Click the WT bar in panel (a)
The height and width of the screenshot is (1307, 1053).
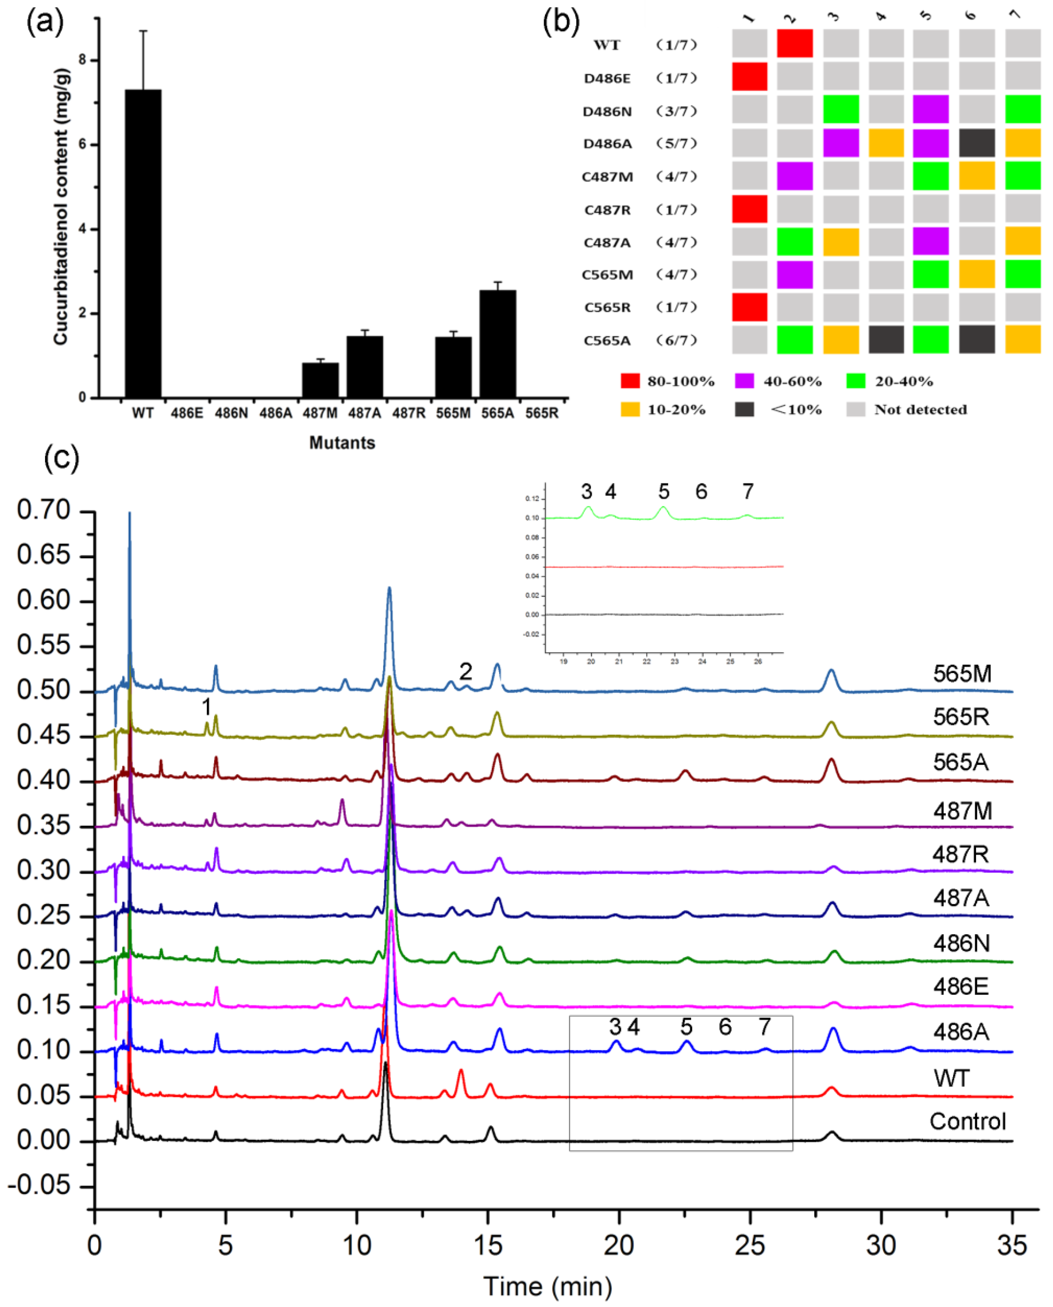tap(143, 242)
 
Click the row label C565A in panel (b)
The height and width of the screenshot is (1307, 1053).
tap(607, 341)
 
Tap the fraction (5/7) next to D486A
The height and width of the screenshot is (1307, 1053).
tap(676, 144)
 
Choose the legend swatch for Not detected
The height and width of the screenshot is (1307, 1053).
tap(855, 409)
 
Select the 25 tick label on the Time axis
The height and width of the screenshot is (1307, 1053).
tap(750, 1246)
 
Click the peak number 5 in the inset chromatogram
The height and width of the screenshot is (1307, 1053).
tap(664, 491)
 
